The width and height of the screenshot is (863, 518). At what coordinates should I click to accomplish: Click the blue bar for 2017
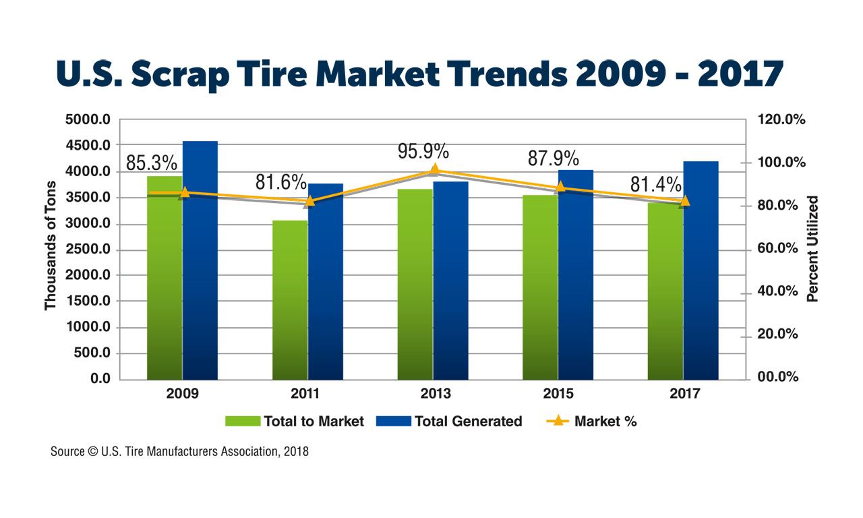pyautogui.click(x=701, y=270)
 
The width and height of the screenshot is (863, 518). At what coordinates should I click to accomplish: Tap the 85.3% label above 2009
pyautogui.click(x=152, y=163)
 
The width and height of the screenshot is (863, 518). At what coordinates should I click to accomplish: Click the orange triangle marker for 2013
pyautogui.click(x=435, y=169)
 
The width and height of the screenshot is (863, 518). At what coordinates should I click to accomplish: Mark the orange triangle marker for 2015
pyautogui.click(x=560, y=187)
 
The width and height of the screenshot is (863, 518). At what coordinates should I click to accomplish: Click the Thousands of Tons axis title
pyautogui.click(x=51, y=250)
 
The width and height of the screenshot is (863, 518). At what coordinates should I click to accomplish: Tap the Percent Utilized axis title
pyautogui.click(x=812, y=248)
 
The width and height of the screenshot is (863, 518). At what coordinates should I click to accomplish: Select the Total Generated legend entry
pyautogui.click(x=468, y=422)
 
